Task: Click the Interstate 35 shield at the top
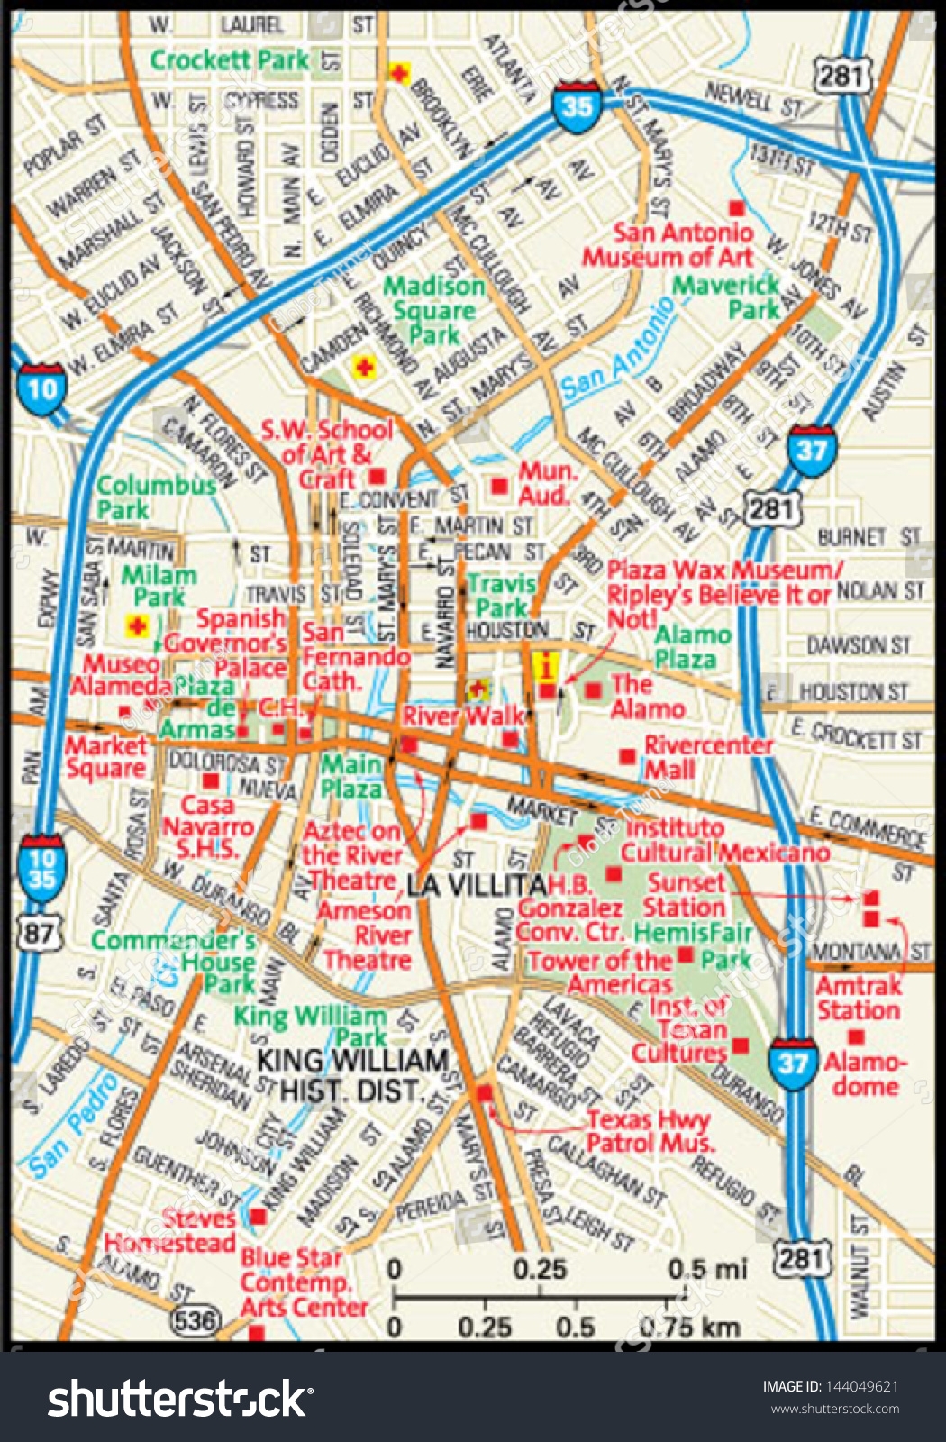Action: pyautogui.click(x=577, y=106)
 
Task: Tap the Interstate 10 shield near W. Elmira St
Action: pyautogui.click(x=41, y=388)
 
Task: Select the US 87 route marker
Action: pyautogui.click(x=40, y=932)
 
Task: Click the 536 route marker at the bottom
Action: pyautogui.click(x=195, y=1321)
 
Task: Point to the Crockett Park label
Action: pyautogui.click(x=230, y=60)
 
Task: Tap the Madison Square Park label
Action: pyautogui.click(x=434, y=311)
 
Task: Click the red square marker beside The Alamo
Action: pyautogui.click(x=593, y=690)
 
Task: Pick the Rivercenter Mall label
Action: pyautogui.click(x=708, y=757)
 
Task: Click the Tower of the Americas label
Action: pyautogui.click(x=601, y=972)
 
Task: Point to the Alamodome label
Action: pyautogui.click(x=865, y=1073)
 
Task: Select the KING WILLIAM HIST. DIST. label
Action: pyautogui.click(x=353, y=1075)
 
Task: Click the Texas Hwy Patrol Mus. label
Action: pyautogui.click(x=649, y=1131)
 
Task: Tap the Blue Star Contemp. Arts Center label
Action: pyautogui.click(x=303, y=1282)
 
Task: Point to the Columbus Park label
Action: pyautogui.click(x=155, y=497)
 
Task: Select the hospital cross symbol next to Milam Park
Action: pyautogui.click(x=137, y=625)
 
